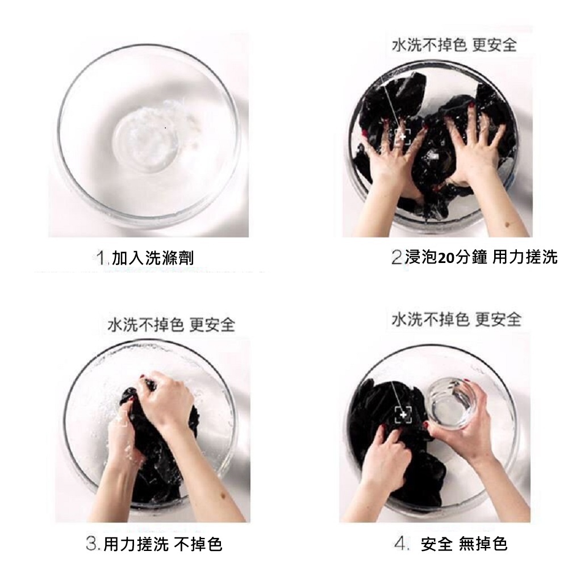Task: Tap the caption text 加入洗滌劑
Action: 153,258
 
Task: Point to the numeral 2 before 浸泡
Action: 397,257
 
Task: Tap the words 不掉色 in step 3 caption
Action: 198,544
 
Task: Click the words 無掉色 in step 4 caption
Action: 483,544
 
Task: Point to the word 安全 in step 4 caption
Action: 436,544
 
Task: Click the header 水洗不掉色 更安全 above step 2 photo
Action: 454,45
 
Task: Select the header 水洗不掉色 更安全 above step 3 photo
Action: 172,324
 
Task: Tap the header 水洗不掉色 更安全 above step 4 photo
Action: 456,319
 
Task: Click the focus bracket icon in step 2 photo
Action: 403,137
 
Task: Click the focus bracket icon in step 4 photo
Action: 403,415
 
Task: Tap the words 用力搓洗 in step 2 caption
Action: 525,257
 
